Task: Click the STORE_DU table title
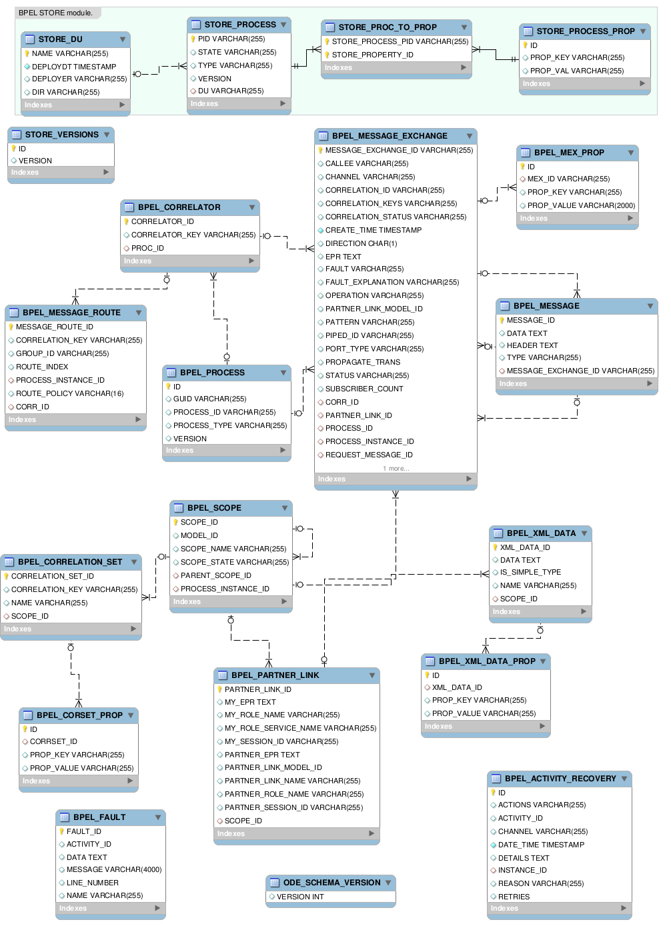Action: pyautogui.click(x=61, y=39)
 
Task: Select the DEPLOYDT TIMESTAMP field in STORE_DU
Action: pyautogui.click(x=74, y=67)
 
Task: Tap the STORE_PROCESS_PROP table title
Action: pyautogui.click(x=586, y=31)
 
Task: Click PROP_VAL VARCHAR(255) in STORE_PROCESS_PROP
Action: pyautogui.click(x=577, y=71)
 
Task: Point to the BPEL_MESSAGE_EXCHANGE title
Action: pyautogui.click(x=390, y=136)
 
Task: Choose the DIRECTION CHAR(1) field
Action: pyautogui.click(x=361, y=243)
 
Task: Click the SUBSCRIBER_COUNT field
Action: pyautogui.click(x=364, y=389)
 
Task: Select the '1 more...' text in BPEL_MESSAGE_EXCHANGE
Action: pyautogui.click(x=396, y=469)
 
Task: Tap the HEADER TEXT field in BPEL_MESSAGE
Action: pyautogui.click(x=532, y=345)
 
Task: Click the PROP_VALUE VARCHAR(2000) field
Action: pyautogui.click(x=581, y=205)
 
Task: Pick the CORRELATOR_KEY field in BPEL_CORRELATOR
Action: pyautogui.click(x=193, y=235)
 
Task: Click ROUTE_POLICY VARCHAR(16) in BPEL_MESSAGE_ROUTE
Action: pyautogui.click(x=70, y=393)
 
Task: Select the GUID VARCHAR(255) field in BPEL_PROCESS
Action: pyautogui.click(x=209, y=399)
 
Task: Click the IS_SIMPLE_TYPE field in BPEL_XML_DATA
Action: pyautogui.click(x=531, y=572)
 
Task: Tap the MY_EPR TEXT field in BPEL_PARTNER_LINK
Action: pyautogui.click(x=250, y=702)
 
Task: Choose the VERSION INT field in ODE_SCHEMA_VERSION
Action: pyautogui.click(x=300, y=897)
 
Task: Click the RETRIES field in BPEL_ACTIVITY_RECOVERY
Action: pyautogui.click(x=514, y=897)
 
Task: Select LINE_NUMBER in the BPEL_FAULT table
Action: pyautogui.click(x=93, y=883)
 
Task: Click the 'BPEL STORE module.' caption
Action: pyautogui.click(x=55, y=13)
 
